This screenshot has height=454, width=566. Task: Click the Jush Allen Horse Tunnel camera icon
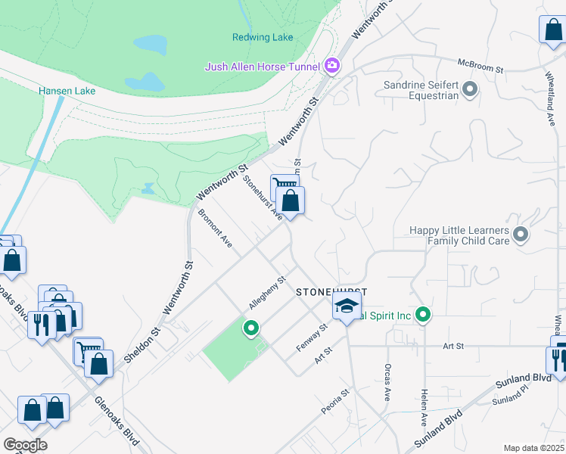(x=331, y=67)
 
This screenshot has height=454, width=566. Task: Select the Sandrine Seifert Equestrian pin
(x=470, y=91)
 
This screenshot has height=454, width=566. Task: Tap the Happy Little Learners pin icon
(x=520, y=235)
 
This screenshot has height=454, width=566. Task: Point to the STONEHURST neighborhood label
(x=331, y=291)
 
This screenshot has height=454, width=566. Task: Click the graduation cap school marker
(x=347, y=306)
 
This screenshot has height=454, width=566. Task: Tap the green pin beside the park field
(x=250, y=328)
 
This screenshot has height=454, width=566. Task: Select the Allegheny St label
(x=266, y=293)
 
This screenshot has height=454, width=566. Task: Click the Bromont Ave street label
(x=215, y=228)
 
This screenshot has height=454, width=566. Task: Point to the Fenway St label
(x=311, y=337)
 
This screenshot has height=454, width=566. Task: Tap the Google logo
(x=25, y=444)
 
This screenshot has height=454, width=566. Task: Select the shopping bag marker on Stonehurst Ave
(x=290, y=201)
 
